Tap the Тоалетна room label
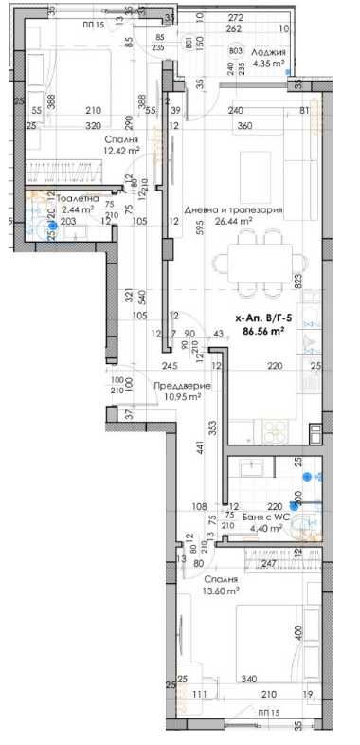tap(77, 199)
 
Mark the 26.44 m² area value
tap(232, 222)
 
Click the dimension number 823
tap(297, 281)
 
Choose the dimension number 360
tap(244, 126)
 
